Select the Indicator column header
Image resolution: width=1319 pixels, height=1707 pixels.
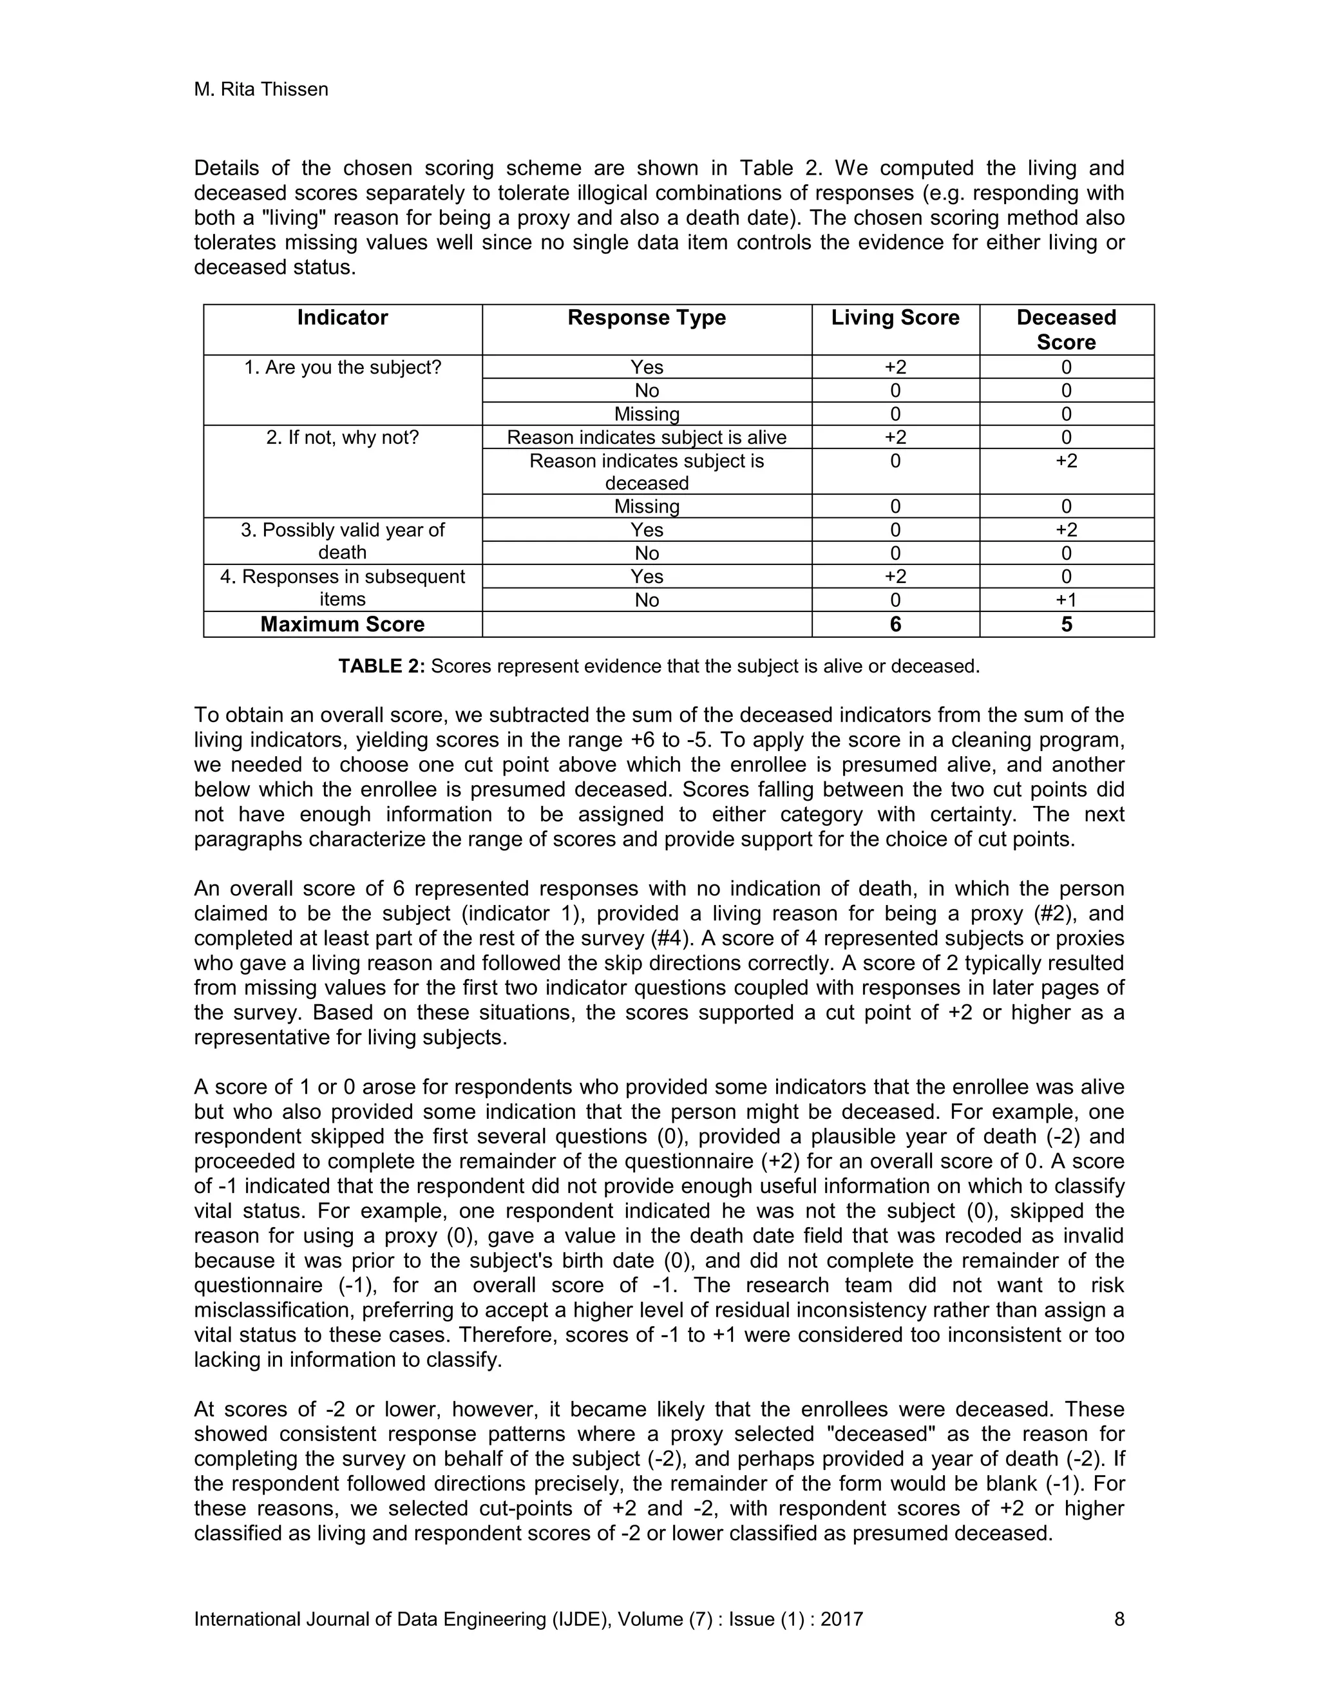click(342, 318)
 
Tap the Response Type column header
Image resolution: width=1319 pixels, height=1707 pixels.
click(646, 318)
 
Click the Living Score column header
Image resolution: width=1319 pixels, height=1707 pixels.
click(895, 318)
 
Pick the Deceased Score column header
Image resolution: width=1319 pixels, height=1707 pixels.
click(1066, 330)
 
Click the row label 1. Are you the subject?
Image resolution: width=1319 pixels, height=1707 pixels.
click(342, 367)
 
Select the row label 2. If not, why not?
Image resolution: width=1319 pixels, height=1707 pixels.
click(342, 437)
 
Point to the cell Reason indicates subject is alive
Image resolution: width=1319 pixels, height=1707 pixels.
click(646, 437)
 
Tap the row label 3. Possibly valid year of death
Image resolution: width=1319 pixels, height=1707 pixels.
click(342, 541)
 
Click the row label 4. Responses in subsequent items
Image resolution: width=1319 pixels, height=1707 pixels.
click(342, 587)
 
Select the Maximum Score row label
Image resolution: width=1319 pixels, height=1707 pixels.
click(342, 624)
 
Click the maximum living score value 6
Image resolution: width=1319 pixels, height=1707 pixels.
click(895, 624)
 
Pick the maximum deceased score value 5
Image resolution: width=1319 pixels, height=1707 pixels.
click(1066, 624)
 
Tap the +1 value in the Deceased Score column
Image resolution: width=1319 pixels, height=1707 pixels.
click(1066, 600)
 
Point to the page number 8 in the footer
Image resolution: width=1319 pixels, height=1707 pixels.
click(1119, 1619)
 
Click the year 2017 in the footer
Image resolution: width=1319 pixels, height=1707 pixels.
click(842, 1619)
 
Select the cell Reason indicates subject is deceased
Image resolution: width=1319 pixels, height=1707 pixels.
click(646, 472)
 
